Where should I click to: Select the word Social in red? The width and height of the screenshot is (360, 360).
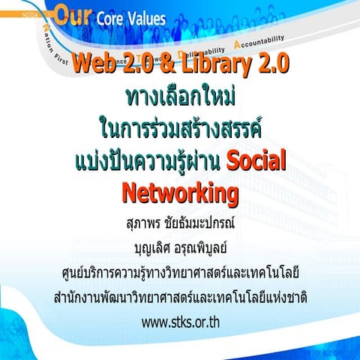point(257,160)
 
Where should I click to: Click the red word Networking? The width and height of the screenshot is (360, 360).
point(180,193)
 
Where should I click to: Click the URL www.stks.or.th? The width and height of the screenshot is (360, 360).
point(180,324)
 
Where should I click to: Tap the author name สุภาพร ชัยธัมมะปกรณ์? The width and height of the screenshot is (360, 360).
point(180,223)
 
